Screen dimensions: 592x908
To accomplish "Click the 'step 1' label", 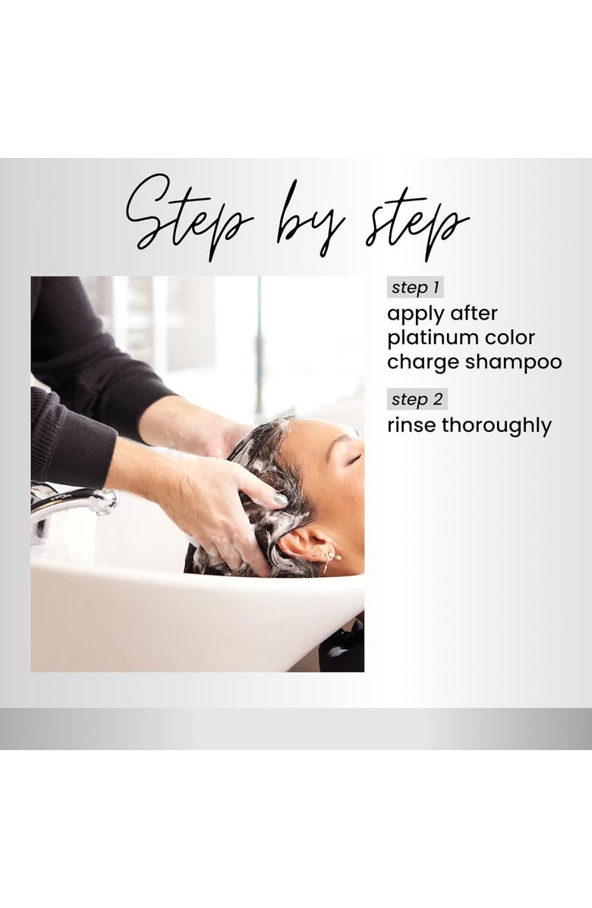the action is (415, 287).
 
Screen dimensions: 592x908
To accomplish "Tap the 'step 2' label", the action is (417, 399).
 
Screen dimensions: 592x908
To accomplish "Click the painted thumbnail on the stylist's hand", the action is (281, 499).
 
